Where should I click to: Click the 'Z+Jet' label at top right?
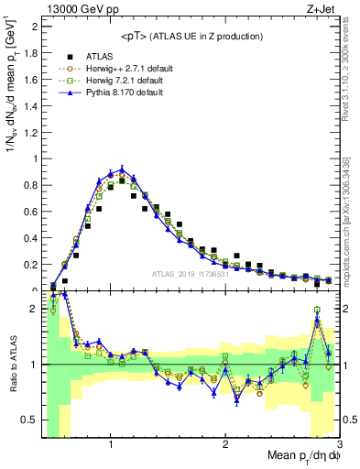pos(324,10)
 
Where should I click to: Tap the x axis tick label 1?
pos(111,445)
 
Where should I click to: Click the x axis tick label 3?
pos(339,445)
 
